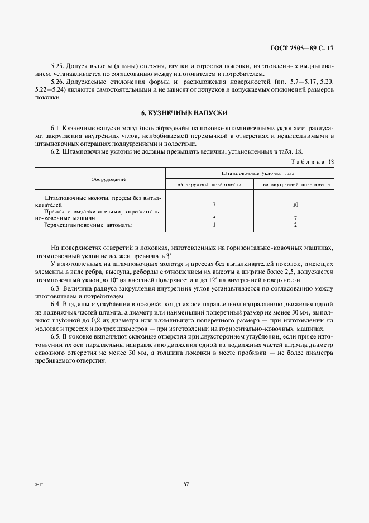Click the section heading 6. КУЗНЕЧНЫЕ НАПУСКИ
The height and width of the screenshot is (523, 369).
184,112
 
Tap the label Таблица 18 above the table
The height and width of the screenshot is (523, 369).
313,161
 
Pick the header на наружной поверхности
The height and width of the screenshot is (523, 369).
209,184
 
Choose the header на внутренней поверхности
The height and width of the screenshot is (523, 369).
296,184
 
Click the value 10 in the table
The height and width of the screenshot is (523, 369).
295,205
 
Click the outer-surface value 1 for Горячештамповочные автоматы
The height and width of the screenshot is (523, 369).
214,225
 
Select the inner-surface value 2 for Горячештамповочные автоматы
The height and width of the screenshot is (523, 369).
295,225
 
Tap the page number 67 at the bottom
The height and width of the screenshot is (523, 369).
186,484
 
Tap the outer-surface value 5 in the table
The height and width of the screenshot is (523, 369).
214,218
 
